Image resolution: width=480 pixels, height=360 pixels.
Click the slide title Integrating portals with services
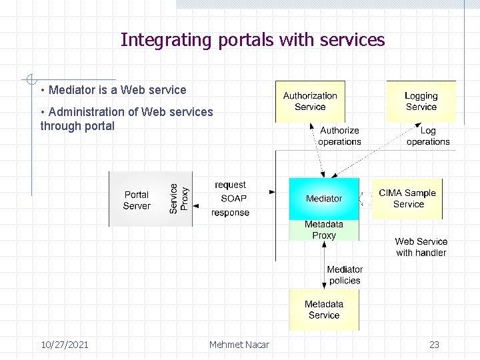coord(253,40)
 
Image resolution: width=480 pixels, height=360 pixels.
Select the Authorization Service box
coord(310,101)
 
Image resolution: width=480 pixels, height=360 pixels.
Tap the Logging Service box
coord(421,101)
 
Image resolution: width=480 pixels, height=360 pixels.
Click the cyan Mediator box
coord(323,199)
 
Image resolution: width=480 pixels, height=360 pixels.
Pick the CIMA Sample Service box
coord(407,199)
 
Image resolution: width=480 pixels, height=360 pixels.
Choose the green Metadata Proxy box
coord(324,230)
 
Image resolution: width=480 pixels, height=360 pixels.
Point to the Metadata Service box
coord(323,310)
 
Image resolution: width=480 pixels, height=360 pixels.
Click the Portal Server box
coord(137,200)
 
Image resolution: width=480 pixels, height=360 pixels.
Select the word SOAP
coord(233,198)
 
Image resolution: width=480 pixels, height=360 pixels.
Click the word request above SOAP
coord(230,185)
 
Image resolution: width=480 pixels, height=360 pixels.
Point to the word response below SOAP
coord(230,213)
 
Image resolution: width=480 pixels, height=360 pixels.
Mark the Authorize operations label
coord(339,136)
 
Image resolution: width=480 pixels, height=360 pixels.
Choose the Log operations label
coord(428,136)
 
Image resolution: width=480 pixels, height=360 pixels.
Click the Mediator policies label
coord(345,275)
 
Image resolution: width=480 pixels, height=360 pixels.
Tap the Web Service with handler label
coord(421,247)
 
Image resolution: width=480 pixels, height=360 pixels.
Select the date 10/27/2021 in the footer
coord(65,345)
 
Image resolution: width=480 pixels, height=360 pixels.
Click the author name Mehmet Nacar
coord(239,345)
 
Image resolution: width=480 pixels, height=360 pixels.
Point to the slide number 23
coord(434,345)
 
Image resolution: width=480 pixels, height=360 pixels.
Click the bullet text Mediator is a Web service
coord(117,90)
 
